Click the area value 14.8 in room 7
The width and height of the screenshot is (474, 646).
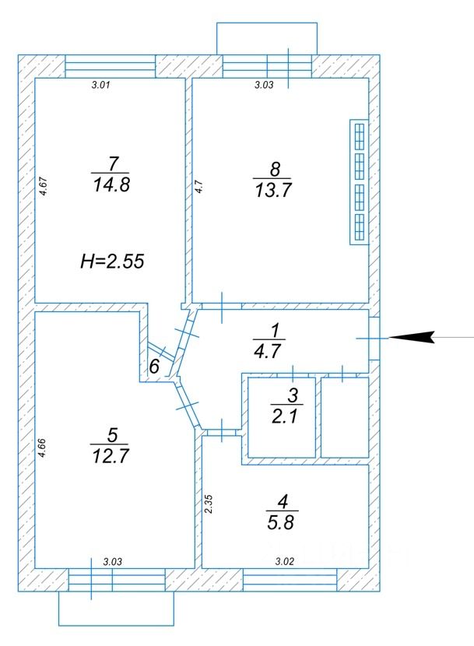click(x=111, y=185)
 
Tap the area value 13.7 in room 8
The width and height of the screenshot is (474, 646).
click(x=273, y=191)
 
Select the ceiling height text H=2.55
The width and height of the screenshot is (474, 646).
click(x=112, y=262)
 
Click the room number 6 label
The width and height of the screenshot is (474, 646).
click(x=154, y=367)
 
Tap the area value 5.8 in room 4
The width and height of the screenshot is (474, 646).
click(x=280, y=523)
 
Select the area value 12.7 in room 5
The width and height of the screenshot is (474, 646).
click(x=111, y=456)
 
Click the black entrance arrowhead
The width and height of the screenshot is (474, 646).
click(x=413, y=337)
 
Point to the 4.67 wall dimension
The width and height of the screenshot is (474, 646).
click(x=44, y=186)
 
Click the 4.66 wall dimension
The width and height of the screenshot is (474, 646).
click(x=41, y=448)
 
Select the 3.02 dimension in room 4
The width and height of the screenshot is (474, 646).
click(x=285, y=561)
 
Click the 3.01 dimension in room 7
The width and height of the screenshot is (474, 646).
click(x=101, y=86)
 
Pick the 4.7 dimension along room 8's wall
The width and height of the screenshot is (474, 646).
click(x=199, y=187)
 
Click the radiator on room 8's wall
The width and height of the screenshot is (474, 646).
click(x=359, y=182)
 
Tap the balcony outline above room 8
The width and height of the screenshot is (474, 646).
click(x=267, y=23)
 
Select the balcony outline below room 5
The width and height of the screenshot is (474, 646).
click(x=116, y=626)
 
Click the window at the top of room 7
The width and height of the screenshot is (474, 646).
click(x=111, y=66)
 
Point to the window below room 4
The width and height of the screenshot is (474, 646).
click(x=290, y=580)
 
